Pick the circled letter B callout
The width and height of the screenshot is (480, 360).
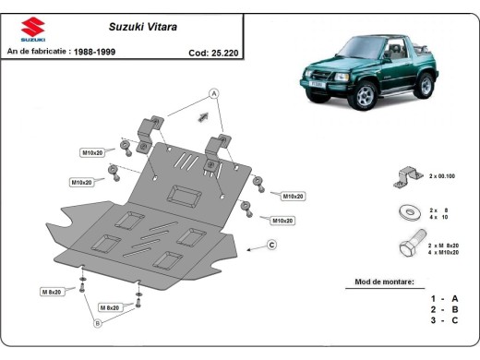[97, 323]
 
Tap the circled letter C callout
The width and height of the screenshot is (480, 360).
[272, 245]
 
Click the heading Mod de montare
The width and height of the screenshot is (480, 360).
[384, 281]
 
